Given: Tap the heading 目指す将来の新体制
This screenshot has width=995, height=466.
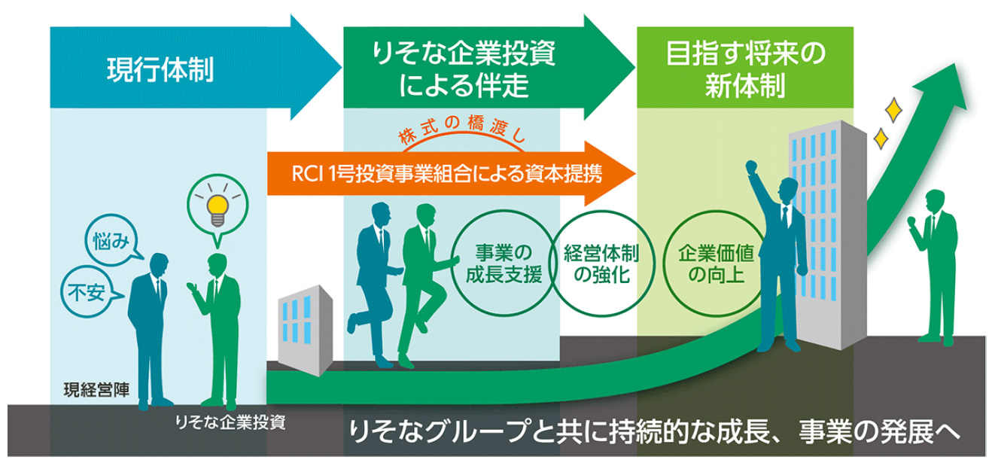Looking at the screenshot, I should (x=745, y=72).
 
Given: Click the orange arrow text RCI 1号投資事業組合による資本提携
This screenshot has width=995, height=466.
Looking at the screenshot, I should (x=446, y=173).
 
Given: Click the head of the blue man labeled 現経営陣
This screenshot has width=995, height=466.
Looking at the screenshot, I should (x=159, y=265).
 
